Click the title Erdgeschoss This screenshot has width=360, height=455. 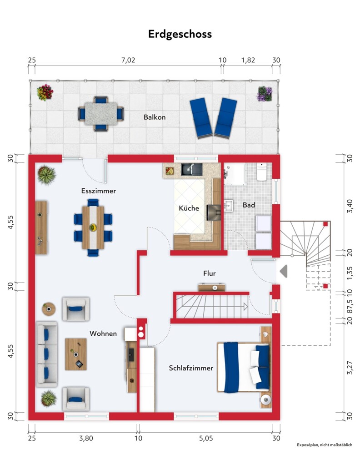tap(180, 34)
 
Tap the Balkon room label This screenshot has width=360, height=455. tap(155, 117)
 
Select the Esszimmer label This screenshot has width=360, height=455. tap(99, 191)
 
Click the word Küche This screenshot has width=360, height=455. tap(189, 208)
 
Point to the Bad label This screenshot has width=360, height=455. tap(249, 205)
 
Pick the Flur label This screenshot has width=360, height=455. tap(209, 273)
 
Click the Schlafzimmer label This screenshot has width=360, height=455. tap(191, 368)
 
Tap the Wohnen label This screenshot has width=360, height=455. tap(103, 334)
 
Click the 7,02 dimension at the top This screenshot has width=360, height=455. tap(128, 60)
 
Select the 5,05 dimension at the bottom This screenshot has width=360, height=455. tap(206, 438)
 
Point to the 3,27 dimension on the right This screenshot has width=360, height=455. tap(350, 368)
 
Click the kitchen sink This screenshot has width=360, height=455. tap(192, 169)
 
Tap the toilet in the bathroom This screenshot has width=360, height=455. tap(262, 172)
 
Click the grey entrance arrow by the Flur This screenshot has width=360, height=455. tap(284, 271)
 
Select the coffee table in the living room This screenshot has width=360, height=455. tap(76, 354)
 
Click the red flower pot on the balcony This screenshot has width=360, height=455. tap(45, 92)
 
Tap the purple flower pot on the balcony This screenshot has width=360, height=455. tap(265, 94)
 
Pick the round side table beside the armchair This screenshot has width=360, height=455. tap(49, 309)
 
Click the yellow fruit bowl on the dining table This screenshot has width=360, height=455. tap(93, 227)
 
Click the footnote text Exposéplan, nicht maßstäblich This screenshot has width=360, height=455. tap(325, 445)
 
